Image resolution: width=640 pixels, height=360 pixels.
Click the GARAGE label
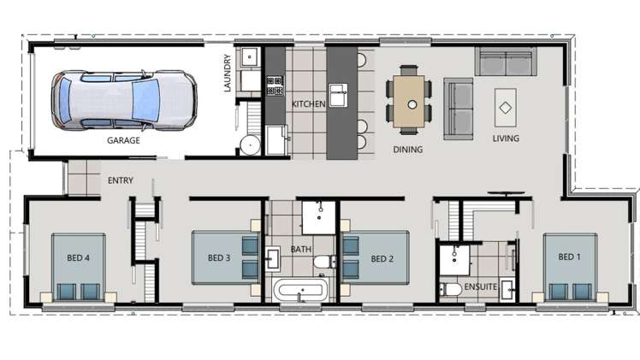point(124,141)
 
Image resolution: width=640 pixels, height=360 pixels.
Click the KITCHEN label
point(308,104)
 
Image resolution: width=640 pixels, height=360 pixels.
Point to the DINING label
point(408,149)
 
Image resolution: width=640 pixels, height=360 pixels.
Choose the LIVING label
point(506,138)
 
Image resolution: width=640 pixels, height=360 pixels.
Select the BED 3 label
point(220,257)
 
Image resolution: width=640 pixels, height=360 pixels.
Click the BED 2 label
point(382,257)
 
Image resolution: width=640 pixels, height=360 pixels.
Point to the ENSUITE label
point(480,286)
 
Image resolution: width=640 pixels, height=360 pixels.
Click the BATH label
point(300,250)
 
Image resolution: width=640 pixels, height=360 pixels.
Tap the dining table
point(412,103)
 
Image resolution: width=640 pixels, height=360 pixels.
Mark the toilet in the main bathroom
point(323,262)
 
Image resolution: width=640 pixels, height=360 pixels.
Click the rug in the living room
point(506,107)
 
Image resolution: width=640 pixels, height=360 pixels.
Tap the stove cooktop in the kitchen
point(276,86)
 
